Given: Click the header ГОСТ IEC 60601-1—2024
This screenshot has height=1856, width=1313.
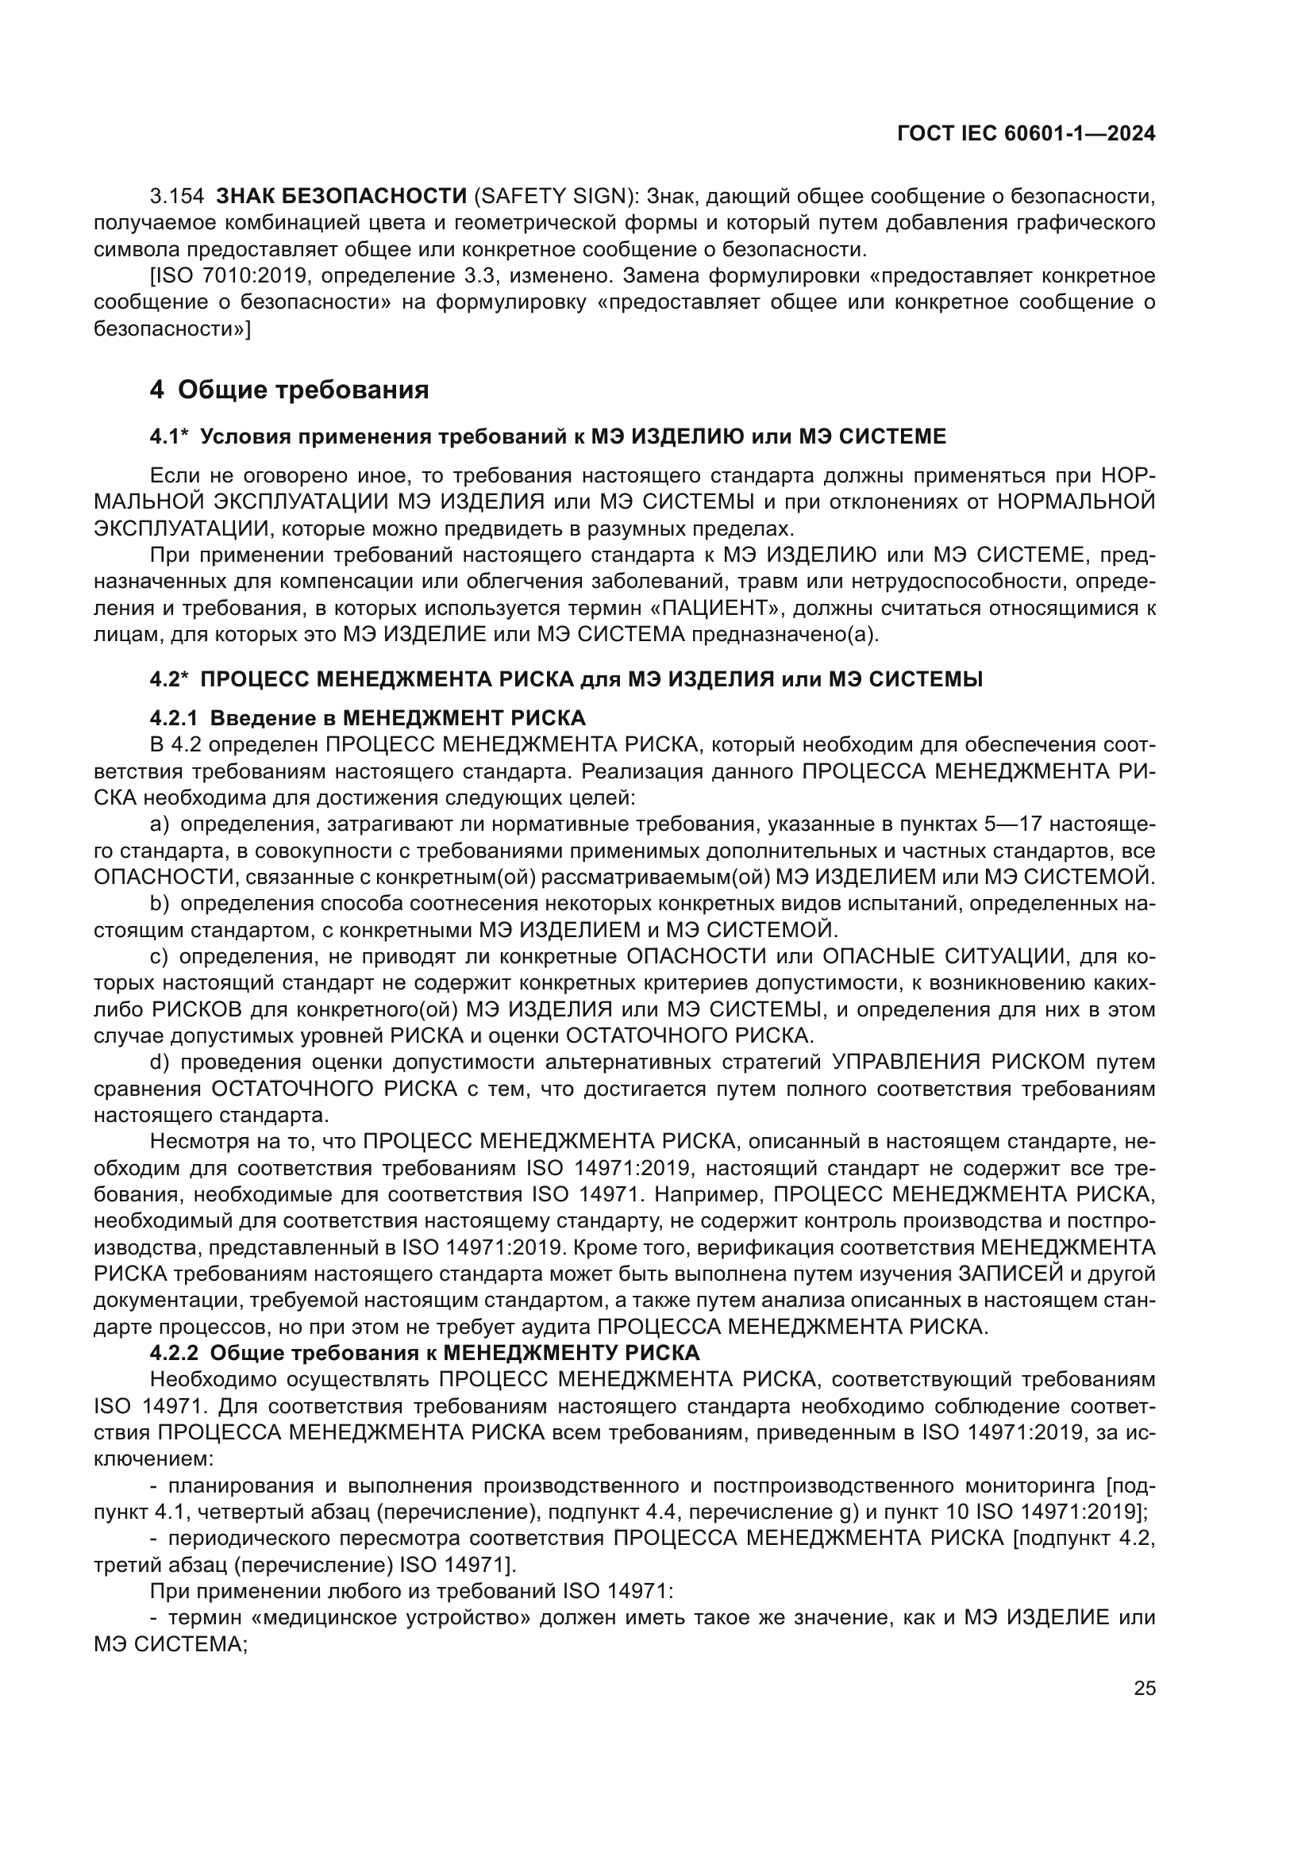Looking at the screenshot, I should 1026,133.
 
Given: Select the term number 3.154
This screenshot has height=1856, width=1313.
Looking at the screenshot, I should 177,196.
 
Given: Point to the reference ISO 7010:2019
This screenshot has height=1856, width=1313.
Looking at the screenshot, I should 229,275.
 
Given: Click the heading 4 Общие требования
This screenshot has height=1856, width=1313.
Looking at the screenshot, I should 290,390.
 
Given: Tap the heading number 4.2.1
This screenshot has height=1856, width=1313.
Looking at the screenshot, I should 174,718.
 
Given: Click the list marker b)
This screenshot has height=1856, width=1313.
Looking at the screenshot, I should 160,903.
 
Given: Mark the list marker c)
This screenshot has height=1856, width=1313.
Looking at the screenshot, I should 160,956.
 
